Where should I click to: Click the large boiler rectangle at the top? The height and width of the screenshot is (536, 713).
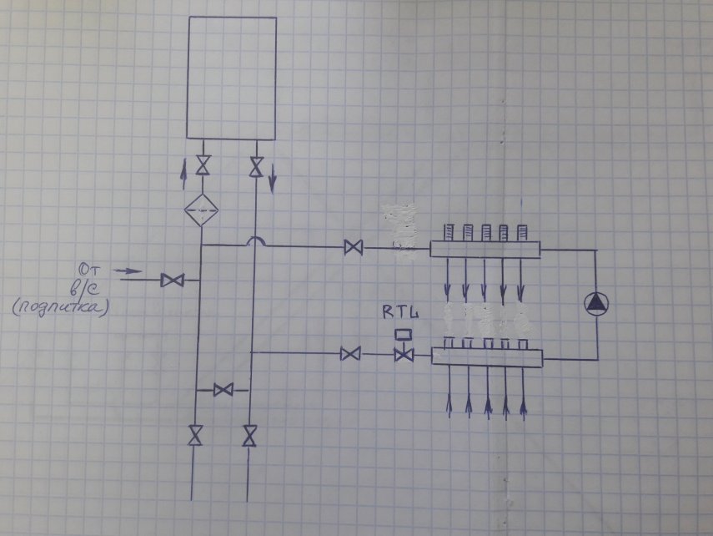coord(232,77)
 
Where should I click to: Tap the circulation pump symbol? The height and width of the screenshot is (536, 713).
coord(596,304)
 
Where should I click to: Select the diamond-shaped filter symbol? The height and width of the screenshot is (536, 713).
coord(201,208)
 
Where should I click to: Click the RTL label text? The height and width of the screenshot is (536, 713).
coord(400,314)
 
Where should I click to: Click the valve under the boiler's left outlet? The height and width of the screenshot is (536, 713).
coord(202,164)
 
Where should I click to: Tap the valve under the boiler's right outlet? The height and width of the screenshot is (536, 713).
coord(257,165)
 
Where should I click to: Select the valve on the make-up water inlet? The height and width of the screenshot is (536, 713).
coord(173,281)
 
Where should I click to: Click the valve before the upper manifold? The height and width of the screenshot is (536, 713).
coord(354,248)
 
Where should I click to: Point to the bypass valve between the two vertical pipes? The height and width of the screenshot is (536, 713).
coord(222,390)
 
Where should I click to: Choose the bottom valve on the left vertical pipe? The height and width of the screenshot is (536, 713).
coord(196,435)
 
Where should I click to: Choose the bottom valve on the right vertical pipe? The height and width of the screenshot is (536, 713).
coord(249,435)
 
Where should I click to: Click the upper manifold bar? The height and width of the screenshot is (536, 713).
coord(485,249)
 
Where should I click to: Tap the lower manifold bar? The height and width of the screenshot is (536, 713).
coord(487,357)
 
